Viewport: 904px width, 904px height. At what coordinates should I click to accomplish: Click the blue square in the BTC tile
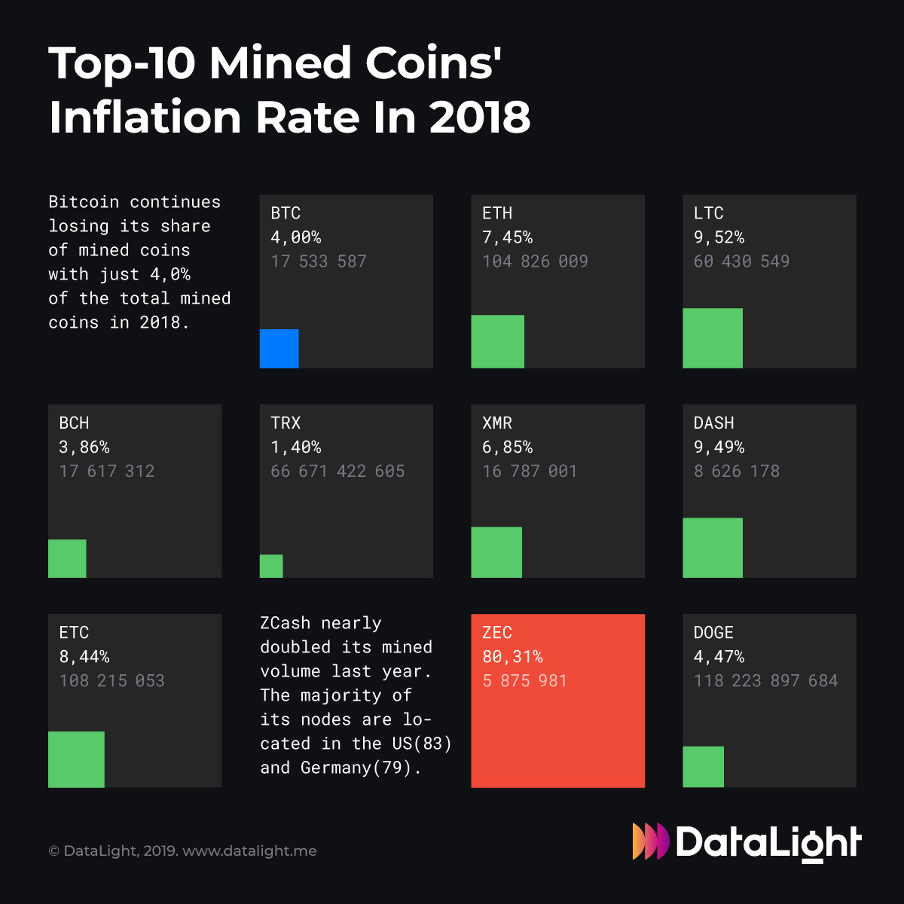(279, 349)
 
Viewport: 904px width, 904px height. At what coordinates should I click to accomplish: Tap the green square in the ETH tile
(497, 341)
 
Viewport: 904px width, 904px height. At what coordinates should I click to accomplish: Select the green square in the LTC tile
(712, 338)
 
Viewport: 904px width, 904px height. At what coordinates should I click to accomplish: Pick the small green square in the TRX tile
(271, 567)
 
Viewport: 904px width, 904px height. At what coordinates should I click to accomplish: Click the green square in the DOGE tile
(703, 767)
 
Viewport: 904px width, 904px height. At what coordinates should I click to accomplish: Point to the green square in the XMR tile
(496, 552)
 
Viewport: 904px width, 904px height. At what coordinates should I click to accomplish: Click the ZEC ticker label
(497, 633)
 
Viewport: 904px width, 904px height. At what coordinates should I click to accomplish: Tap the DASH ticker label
(713, 423)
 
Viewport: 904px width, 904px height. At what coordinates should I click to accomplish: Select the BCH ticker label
(74, 423)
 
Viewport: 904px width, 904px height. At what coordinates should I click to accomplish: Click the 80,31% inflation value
(512, 657)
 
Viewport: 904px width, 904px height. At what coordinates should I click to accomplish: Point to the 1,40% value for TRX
(295, 447)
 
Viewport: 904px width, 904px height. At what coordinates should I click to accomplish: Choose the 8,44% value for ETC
(84, 657)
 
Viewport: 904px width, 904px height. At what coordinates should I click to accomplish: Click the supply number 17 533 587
(318, 261)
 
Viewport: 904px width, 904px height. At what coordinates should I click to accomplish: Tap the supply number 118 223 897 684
(765, 681)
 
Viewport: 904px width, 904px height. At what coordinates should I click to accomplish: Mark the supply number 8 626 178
(736, 472)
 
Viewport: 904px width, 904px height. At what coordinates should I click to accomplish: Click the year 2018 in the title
(480, 118)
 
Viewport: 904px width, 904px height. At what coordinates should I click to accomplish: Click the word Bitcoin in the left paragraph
(84, 202)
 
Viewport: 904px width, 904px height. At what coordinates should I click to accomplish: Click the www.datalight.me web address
(249, 851)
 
